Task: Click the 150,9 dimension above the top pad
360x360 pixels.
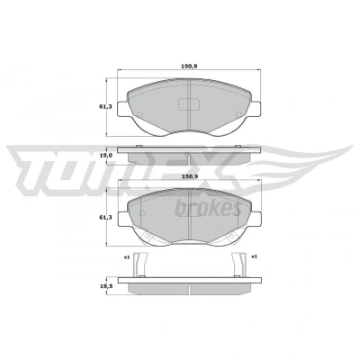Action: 189,67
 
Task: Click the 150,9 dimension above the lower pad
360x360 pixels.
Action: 190,176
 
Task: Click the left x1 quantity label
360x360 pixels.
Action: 126,256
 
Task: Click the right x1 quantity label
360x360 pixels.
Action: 255,256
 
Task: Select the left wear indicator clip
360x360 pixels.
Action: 140,265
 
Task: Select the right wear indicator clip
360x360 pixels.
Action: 239,265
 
